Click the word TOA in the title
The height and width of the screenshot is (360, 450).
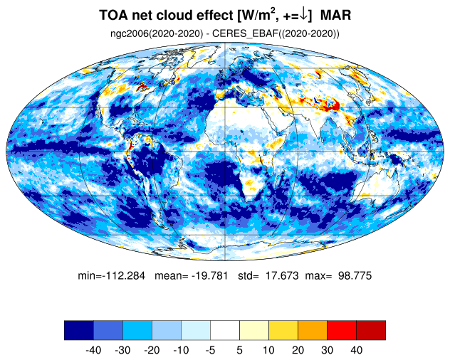pyautogui.click(x=114, y=15)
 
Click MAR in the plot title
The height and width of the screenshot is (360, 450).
pyautogui.click(x=335, y=15)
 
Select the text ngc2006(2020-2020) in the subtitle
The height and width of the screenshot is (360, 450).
pyautogui.click(x=157, y=33)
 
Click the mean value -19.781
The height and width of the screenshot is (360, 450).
pyautogui.click(x=209, y=275)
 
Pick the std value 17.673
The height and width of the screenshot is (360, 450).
pyautogui.click(x=282, y=275)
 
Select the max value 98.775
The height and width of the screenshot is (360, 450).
pyautogui.click(x=355, y=275)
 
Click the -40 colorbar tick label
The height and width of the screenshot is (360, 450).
pyautogui.click(x=93, y=350)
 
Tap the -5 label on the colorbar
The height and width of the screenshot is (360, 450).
pyautogui.click(x=210, y=350)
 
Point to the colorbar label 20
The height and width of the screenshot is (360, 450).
pyautogui.click(x=298, y=350)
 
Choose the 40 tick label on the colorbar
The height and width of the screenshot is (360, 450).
pyautogui.click(x=356, y=350)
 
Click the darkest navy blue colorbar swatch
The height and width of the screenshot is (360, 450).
pyautogui.click(x=79, y=330)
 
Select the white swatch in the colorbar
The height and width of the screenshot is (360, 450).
pyautogui.click(x=225, y=330)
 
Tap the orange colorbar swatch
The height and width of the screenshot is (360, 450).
pyautogui.click(x=313, y=330)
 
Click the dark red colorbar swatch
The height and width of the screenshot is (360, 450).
pyautogui.click(x=371, y=330)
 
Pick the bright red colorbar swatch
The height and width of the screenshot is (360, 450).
pyautogui.click(x=342, y=330)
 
